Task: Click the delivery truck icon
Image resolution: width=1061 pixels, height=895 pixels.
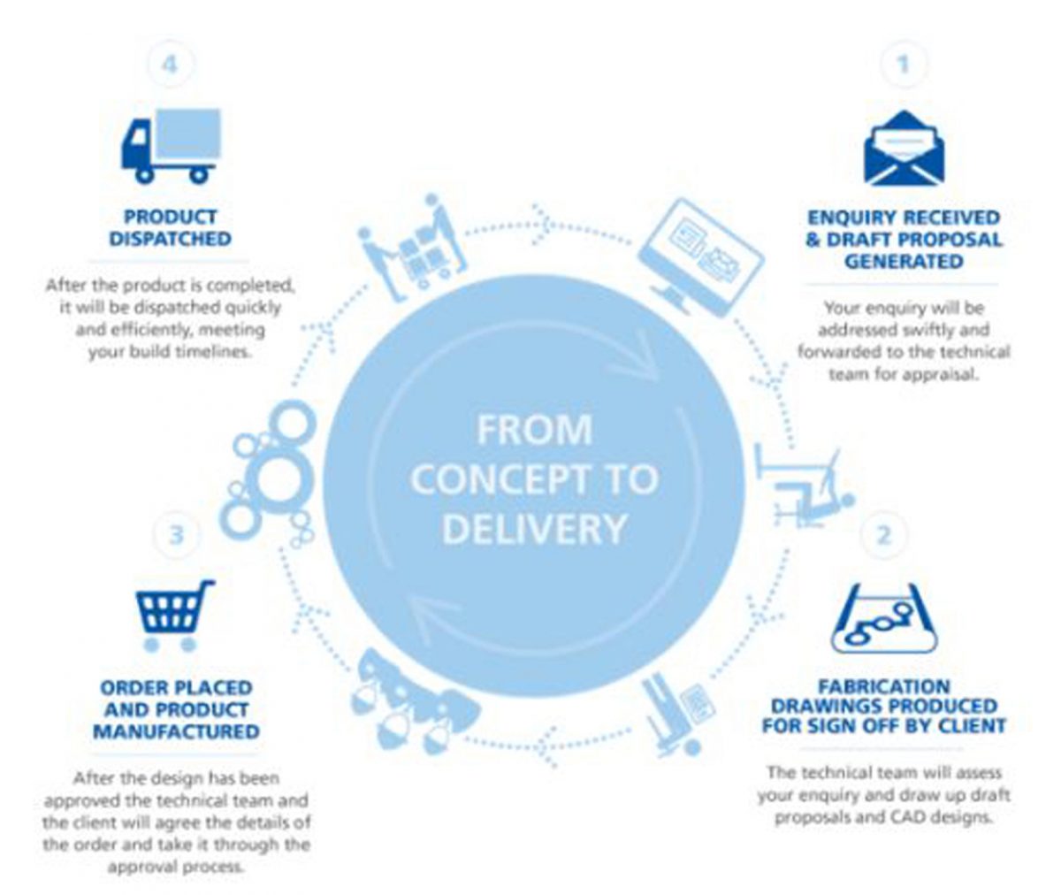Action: [171, 145]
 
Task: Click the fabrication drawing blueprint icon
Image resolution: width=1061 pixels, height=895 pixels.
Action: [883, 619]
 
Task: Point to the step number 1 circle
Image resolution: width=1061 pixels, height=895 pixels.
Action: [903, 64]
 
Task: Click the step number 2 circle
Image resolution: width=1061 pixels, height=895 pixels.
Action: [883, 535]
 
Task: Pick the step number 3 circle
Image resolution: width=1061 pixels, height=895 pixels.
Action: [176, 535]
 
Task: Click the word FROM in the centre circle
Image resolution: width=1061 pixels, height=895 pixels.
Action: [534, 431]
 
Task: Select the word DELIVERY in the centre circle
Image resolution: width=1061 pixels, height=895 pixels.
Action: [534, 528]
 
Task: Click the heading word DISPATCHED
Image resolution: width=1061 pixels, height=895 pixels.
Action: [171, 239]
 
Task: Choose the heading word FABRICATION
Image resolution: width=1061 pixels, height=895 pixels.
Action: [884, 686]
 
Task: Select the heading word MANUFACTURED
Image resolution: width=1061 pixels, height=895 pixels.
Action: [176, 732]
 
